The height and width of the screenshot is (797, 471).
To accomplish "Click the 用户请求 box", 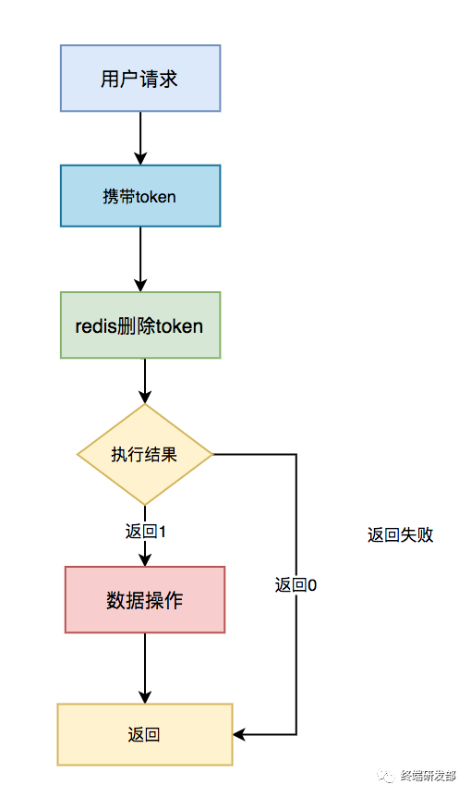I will point(140,79).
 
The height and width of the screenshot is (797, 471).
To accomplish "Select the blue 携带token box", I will point(140,196).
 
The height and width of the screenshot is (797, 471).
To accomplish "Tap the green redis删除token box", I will point(140,325).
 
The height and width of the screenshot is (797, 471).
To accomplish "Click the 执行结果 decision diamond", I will point(145,454).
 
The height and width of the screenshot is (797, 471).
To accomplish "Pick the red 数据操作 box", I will point(145,600).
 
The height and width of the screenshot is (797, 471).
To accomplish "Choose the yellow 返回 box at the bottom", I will point(145,734).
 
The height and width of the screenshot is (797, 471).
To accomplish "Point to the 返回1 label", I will point(145,532).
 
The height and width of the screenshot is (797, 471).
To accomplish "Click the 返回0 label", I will point(296,584).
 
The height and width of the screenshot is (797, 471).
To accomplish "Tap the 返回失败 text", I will point(400,534).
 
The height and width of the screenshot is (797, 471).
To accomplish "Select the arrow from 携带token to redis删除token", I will point(140,259).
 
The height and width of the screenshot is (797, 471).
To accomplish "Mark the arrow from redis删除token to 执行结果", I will point(145,381).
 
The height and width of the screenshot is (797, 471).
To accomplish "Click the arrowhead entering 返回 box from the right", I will point(239,734).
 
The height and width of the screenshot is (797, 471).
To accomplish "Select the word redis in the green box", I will point(96,325).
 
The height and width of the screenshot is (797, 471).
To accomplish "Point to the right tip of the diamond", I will point(211,454).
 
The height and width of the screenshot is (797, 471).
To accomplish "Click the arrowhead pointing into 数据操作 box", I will point(145,559).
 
